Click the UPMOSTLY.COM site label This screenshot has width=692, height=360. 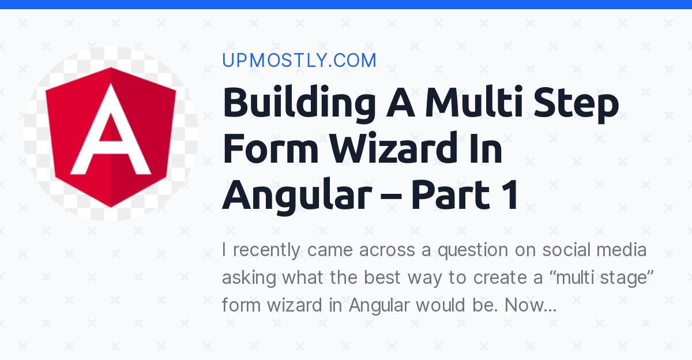(299, 61)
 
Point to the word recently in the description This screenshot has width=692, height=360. (267, 251)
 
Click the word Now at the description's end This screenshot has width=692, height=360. (529, 305)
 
